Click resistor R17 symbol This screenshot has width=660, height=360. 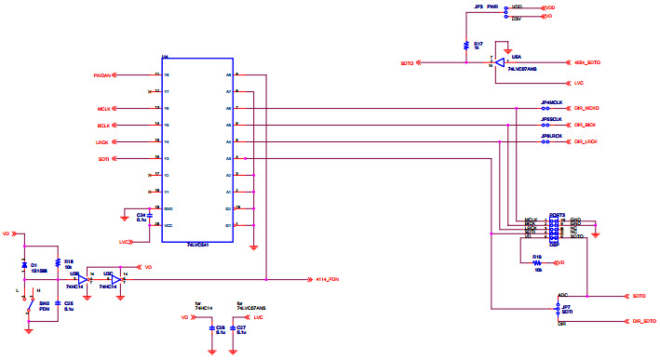point(465,45)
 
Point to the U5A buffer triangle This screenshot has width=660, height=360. point(501,63)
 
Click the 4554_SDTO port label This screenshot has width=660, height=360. point(587,62)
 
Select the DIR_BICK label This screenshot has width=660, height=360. point(585,125)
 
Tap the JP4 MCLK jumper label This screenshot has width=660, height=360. point(551,102)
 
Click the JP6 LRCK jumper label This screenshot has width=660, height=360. point(551,136)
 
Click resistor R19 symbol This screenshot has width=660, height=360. point(537,261)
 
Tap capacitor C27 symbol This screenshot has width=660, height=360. point(235,328)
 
